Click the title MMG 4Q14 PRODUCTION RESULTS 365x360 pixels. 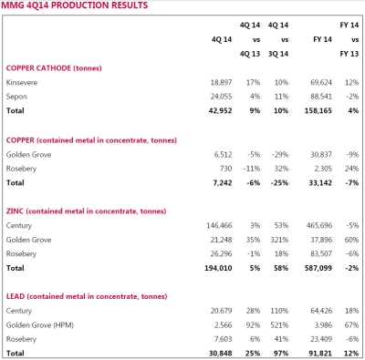(x=75, y=5)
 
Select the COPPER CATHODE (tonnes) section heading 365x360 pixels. (x=54, y=68)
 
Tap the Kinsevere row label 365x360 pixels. (x=22, y=82)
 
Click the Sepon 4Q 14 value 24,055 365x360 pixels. (x=221, y=97)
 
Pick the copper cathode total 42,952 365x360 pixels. (x=220, y=110)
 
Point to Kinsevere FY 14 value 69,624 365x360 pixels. (x=321, y=82)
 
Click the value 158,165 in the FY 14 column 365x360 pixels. (x=318, y=110)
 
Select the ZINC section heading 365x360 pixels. (x=86, y=211)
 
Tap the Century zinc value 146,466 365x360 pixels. (x=219, y=225)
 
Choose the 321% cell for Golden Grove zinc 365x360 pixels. (x=279, y=240)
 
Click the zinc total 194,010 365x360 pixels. (x=218, y=268)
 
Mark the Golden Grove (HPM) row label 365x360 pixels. (x=40, y=325)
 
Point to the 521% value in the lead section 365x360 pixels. (x=279, y=325)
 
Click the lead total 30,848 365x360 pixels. (x=221, y=354)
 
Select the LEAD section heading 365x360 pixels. (x=87, y=296)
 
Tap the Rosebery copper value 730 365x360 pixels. (x=226, y=169)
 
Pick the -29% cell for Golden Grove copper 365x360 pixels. (x=280, y=155)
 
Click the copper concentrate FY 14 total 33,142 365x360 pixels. (x=320, y=183)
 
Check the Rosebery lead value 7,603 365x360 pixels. (x=224, y=339)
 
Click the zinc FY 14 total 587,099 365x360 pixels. (x=318, y=268)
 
